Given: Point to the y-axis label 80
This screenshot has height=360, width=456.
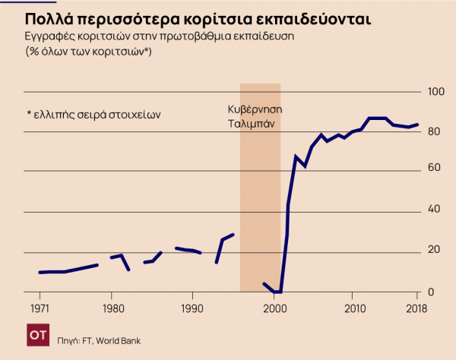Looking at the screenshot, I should tap(435, 131).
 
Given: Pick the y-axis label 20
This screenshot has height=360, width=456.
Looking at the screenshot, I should tap(435, 252).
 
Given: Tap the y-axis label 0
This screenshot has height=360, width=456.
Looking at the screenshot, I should tap(432, 292).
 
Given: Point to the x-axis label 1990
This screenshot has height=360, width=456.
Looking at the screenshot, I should tap(192, 309).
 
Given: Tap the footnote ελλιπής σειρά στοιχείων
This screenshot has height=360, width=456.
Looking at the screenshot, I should tap(94, 115).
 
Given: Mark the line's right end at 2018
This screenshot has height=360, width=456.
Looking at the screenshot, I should tap(418, 125).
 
